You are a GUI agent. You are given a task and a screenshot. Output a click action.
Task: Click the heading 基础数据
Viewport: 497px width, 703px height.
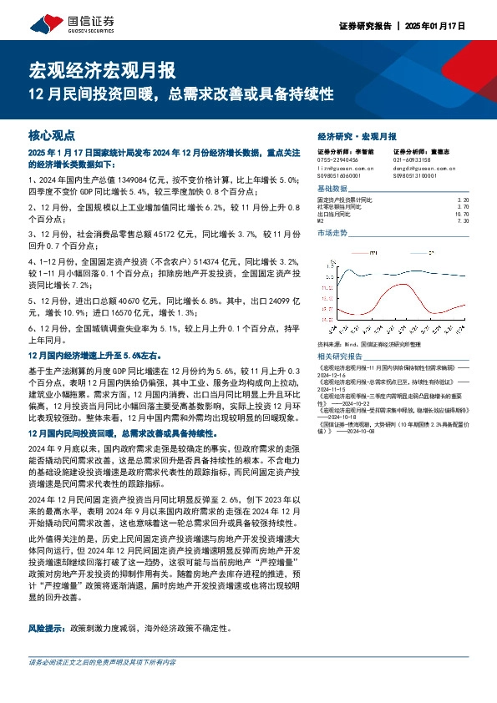pos(333,189)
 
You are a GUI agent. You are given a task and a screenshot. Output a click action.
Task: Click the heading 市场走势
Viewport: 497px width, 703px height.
pos(333,234)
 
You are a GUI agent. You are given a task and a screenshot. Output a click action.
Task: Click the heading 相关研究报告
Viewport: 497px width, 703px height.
pos(341,355)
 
